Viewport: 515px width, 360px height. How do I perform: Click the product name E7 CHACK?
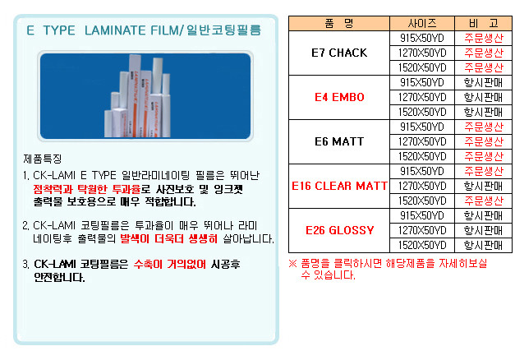tap(339, 53)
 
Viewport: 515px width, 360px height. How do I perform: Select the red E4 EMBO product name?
tap(339, 97)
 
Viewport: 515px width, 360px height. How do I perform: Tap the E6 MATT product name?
tap(339, 141)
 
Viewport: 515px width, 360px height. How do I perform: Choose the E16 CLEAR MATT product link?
tap(339, 186)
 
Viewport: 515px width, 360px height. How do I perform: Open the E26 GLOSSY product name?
tap(339, 230)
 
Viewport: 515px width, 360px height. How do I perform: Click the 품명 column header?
tap(338, 23)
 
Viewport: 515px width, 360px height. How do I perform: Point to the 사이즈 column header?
tap(422, 23)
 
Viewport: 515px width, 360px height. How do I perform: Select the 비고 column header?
tap(484, 23)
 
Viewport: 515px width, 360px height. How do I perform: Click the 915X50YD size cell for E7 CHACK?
tap(422, 38)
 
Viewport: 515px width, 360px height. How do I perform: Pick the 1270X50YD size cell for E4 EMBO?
tap(422, 97)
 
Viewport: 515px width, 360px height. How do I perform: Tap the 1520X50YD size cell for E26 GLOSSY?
tap(422, 245)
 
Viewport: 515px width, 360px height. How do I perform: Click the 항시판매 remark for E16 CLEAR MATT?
tap(484, 186)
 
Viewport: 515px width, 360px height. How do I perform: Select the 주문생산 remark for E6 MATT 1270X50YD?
tap(484, 141)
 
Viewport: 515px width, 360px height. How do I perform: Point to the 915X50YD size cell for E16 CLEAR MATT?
tap(422, 171)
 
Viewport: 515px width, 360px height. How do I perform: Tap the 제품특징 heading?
tap(43, 159)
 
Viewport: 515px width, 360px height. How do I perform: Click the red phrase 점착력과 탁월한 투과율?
tap(87, 189)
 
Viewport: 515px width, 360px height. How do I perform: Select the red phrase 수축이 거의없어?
tap(170, 264)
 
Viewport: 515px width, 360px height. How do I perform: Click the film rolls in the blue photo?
tap(138, 96)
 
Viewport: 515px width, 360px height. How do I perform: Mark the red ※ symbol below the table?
tap(292, 263)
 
